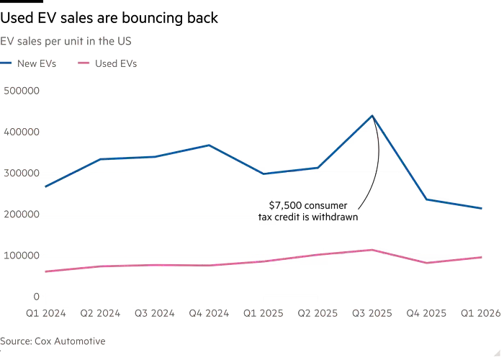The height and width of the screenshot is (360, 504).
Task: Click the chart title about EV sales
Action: point(66,40)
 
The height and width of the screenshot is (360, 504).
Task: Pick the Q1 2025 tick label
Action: point(264,312)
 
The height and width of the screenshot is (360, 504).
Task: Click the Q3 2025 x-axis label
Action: point(372,312)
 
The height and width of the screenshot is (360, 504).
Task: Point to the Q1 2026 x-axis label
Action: point(478,312)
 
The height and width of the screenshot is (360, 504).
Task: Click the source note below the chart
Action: point(55,340)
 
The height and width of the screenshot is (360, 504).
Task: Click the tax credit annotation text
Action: point(310,210)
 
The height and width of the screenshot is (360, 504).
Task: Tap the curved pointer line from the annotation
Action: point(373,180)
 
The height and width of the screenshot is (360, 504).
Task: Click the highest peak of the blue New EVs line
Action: point(372,115)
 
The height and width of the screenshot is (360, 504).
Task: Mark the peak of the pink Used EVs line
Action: point(372,249)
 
